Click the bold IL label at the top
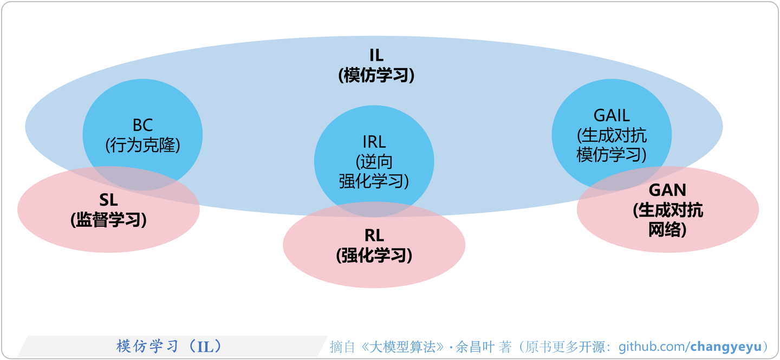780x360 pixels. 376,55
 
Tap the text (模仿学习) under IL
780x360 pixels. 376,75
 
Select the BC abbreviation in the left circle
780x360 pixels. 143,125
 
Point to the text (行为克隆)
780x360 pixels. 143,145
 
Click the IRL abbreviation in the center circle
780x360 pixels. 374,142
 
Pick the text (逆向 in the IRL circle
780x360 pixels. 374,162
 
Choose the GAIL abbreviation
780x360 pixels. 612,115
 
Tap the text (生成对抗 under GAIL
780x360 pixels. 612,135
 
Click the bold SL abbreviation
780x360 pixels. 108,200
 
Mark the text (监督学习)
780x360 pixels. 108,220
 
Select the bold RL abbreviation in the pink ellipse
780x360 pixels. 374,235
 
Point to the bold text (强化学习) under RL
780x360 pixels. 374,256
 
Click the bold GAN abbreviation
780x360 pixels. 667,190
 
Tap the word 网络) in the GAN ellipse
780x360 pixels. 667,230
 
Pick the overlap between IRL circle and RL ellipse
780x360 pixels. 374,210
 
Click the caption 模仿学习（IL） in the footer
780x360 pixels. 169,346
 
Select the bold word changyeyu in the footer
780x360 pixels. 726,347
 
